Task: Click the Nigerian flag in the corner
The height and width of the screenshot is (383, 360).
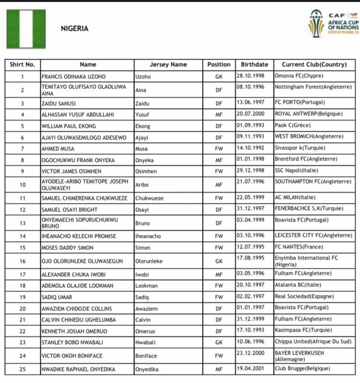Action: point(26,29)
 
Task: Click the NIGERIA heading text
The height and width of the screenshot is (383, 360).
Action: point(74,28)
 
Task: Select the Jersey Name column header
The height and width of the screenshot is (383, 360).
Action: point(168,64)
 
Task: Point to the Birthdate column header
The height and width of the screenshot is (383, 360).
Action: point(254,64)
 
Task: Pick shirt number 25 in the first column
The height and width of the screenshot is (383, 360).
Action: point(22,369)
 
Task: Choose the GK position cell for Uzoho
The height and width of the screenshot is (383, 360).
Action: point(219,77)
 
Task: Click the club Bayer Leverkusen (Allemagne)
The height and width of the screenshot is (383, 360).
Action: point(300,356)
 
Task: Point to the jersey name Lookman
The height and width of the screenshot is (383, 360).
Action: point(148,286)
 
